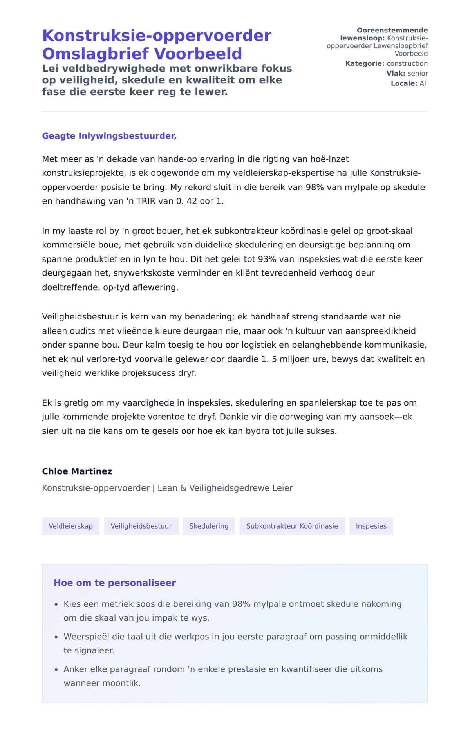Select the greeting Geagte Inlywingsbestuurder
coord(109,136)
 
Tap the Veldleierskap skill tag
coord(70,526)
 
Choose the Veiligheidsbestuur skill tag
coord(141,526)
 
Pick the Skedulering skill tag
coord(209,526)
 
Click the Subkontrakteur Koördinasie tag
coord(292,526)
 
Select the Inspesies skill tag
coord(371,526)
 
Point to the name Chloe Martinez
coord(77,471)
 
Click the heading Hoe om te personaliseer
coord(115,583)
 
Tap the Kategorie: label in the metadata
coord(365,63)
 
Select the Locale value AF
coord(423,83)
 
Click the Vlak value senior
coord(418,73)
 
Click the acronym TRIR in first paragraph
coord(146,201)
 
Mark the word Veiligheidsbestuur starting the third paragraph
coord(80,317)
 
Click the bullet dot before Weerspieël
coord(56,637)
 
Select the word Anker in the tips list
coord(76,669)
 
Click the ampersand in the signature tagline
coord(183,488)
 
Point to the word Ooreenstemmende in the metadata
coord(392,30)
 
